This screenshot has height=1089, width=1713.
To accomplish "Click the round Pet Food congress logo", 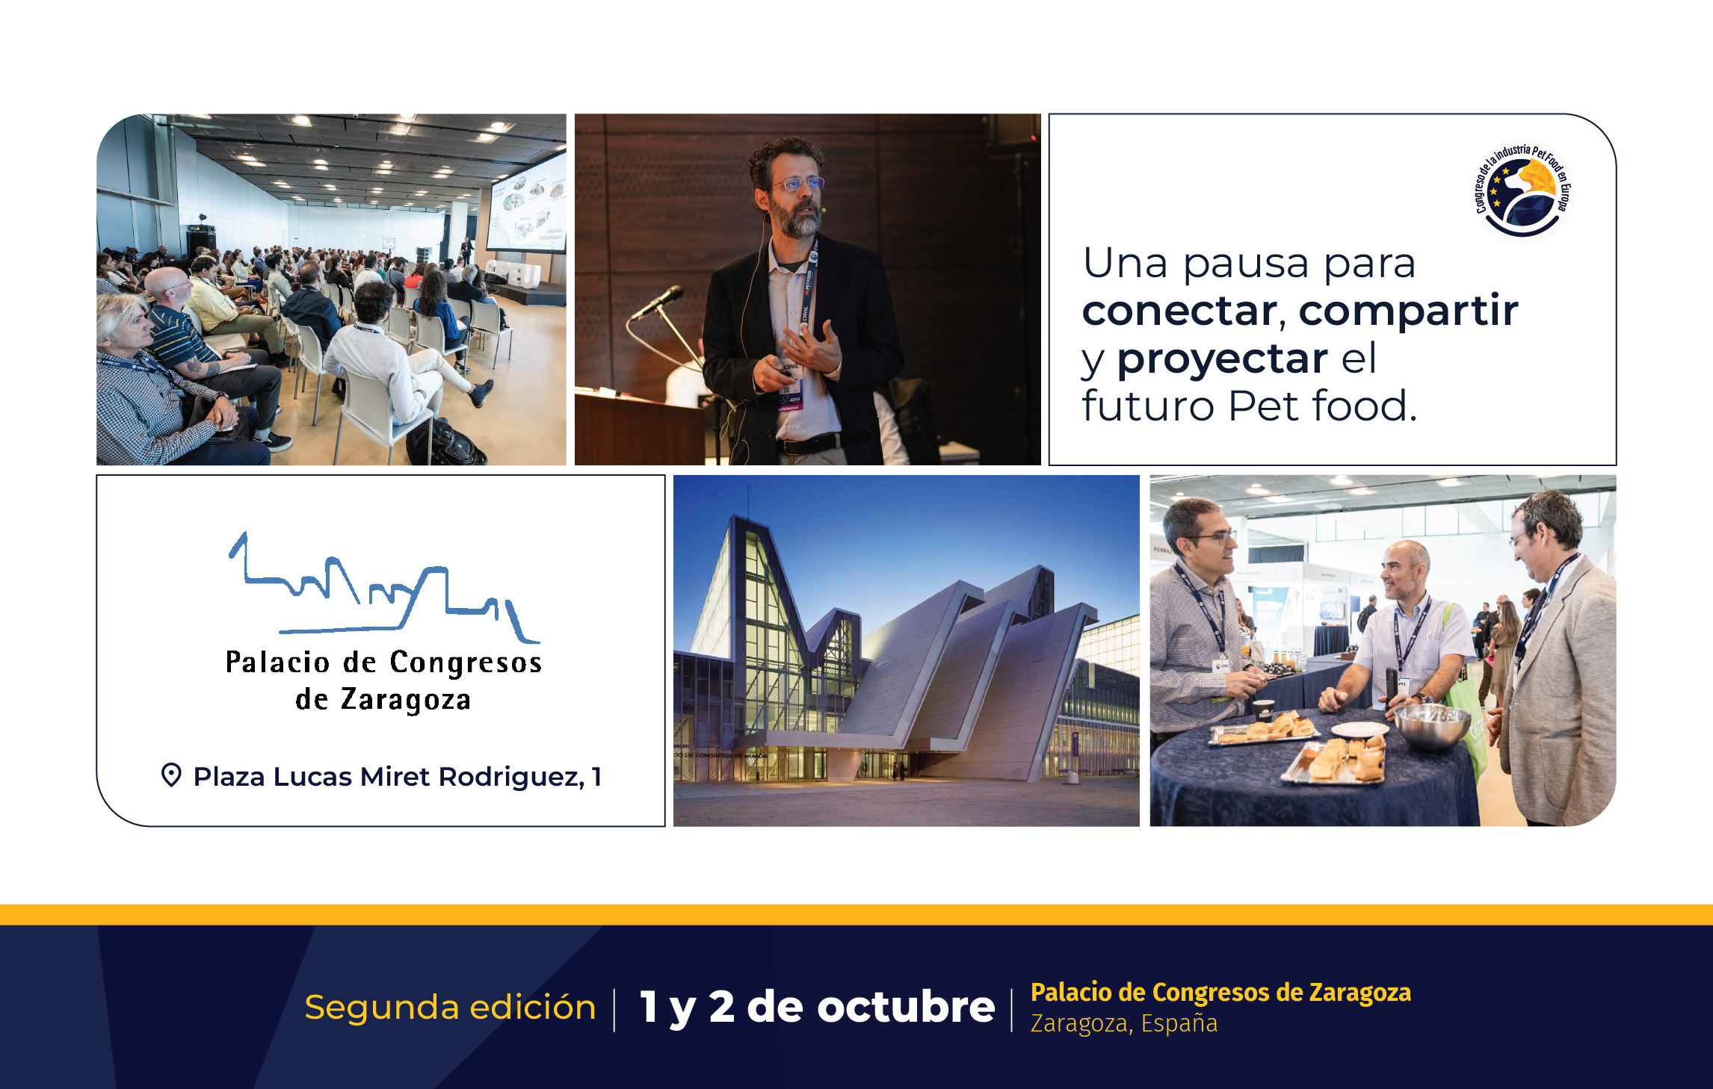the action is click(1522, 191).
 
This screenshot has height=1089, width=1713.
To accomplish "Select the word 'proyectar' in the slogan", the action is click(1222, 360).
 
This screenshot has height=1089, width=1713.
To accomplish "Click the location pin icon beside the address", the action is click(171, 775).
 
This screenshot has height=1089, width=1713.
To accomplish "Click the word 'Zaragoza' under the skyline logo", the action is click(406, 701).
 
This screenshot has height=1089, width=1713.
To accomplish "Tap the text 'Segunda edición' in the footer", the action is click(450, 1008).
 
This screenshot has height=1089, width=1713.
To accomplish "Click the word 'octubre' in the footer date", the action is click(906, 1007).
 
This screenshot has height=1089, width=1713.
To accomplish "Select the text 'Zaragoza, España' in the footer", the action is click(1124, 1023).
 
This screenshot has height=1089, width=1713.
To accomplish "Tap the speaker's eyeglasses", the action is click(798, 183).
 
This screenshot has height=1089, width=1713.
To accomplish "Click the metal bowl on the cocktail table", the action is click(1433, 725).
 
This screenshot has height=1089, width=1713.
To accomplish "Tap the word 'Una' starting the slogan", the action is click(1125, 264).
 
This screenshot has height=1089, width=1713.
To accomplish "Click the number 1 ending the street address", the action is click(596, 777).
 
